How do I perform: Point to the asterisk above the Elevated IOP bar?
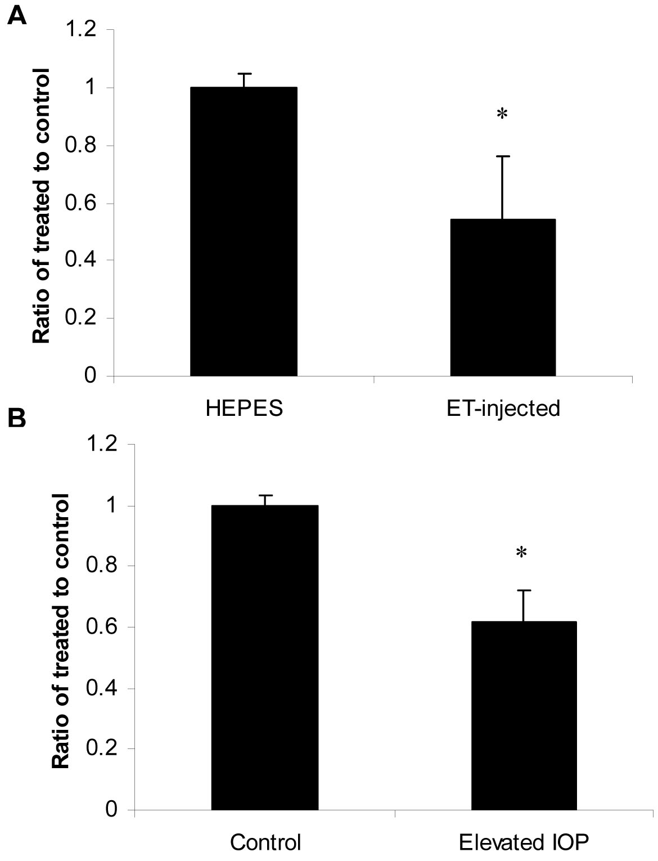[x=521, y=553]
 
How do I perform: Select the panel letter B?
[x=16, y=419]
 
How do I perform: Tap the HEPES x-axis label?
[x=244, y=407]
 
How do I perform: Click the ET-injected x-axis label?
[x=503, y=407]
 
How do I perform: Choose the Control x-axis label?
[x=265, y=842]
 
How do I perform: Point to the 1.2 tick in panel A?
[x=82, y=29]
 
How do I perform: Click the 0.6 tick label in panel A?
[x=82, y=203]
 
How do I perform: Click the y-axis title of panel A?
[x=40, y=205]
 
